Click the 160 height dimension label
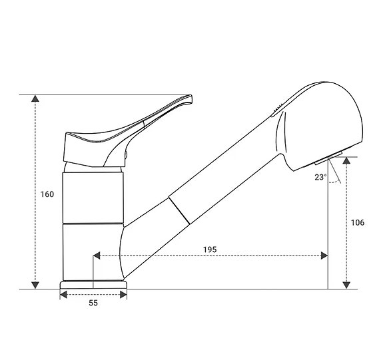(47, 194)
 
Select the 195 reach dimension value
(210, 250)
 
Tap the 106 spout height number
(357, 222)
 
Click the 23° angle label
(320, 177)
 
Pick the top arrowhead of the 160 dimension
(35, 99)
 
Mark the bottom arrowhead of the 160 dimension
(35, 284)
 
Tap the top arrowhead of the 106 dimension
(346, 162)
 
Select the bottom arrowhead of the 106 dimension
(346, 284)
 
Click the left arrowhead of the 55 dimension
(64, 294)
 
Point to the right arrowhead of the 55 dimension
(123, 294)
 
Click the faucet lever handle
(133, 126)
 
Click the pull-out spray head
(320, 123)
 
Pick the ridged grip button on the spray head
(278, 106)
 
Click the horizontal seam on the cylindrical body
(93, 222)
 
